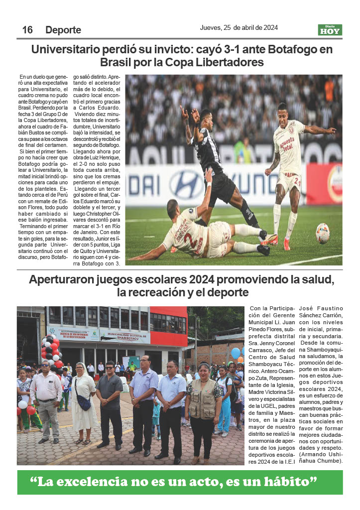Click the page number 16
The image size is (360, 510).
coord(27,30)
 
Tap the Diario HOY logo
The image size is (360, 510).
coord(330,30)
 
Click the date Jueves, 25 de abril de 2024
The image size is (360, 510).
coord(239,28)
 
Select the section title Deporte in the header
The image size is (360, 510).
coord(63,30)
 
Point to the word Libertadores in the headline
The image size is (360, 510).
coord(231,63)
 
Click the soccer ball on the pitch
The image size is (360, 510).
coord(323,233)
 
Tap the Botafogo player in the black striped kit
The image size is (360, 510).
coord(214,159)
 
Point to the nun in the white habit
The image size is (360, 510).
coord(83,403)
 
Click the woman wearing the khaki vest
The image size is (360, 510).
coord(203,408)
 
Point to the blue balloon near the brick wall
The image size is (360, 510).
coord(236,353)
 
